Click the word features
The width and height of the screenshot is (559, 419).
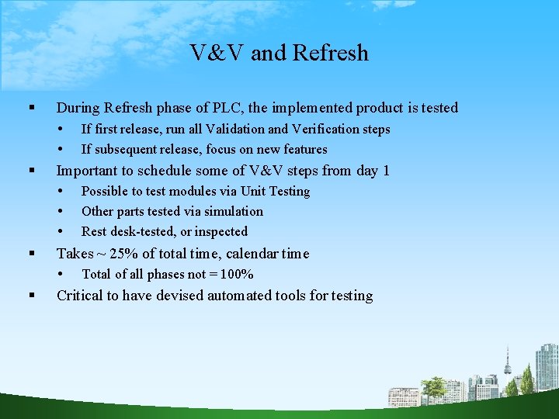tap(305, 150)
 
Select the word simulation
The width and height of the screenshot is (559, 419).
tap(234, 212)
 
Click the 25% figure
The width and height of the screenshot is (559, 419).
tap(125, 254)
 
